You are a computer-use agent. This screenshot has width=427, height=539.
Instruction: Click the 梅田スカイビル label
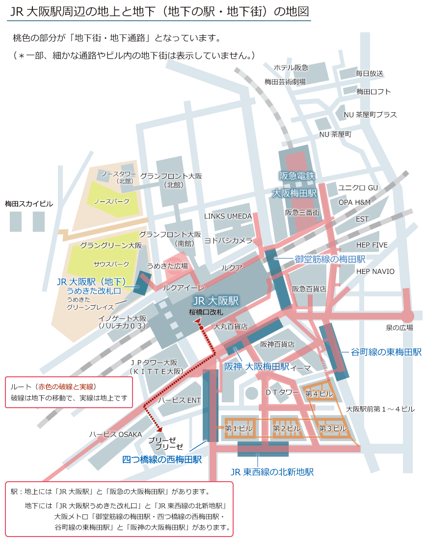coord(29,204)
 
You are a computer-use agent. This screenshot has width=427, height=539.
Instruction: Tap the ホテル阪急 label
coord(291,67)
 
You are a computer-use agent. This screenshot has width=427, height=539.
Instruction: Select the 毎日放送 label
coord(370,73)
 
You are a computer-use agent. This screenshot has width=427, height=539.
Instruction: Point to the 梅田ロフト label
coord(374,92)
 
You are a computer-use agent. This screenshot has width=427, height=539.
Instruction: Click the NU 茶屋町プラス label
coord(370,115)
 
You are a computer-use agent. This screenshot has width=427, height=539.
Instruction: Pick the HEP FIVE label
coord(372,245)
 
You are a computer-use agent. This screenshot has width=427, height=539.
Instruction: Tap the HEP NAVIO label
coord(375,271)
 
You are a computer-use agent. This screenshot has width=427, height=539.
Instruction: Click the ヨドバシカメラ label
coord(228,241)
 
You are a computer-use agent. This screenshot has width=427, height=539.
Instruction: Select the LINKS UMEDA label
coord(228,216)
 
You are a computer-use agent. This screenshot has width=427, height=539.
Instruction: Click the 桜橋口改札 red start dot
coord(201,327)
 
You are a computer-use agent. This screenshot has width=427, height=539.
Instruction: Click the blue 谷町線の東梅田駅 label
coord(386,352)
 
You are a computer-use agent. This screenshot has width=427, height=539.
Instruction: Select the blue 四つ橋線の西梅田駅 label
coord(162,460)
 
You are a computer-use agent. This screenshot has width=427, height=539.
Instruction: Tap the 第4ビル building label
coord(319,393)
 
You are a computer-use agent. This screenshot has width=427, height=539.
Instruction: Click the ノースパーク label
coord(112,201)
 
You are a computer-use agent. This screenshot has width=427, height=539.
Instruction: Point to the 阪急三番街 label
coord(302,213)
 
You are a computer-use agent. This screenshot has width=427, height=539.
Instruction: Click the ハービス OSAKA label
coord(115,435)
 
